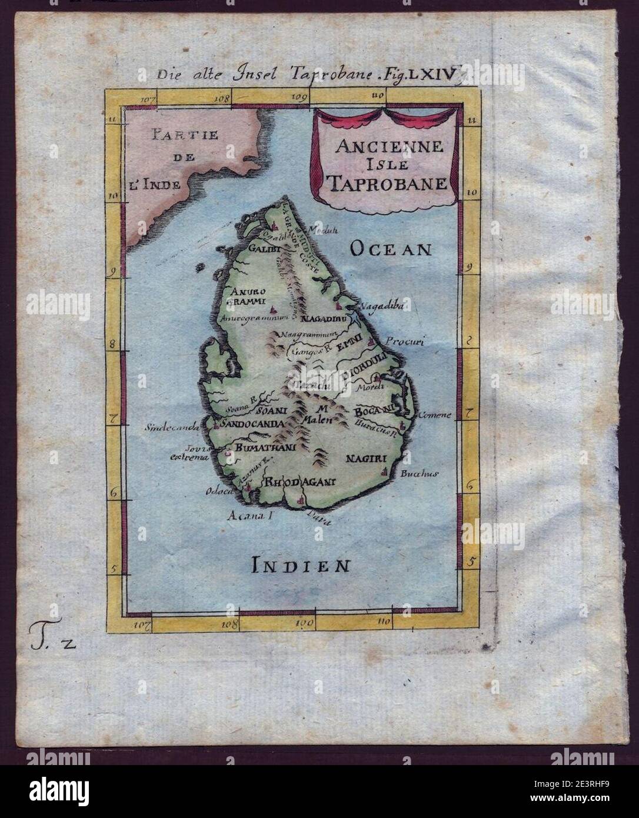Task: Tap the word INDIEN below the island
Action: click(301, 566)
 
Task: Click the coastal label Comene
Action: click(434, 414)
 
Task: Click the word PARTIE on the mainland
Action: click(183, 135)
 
